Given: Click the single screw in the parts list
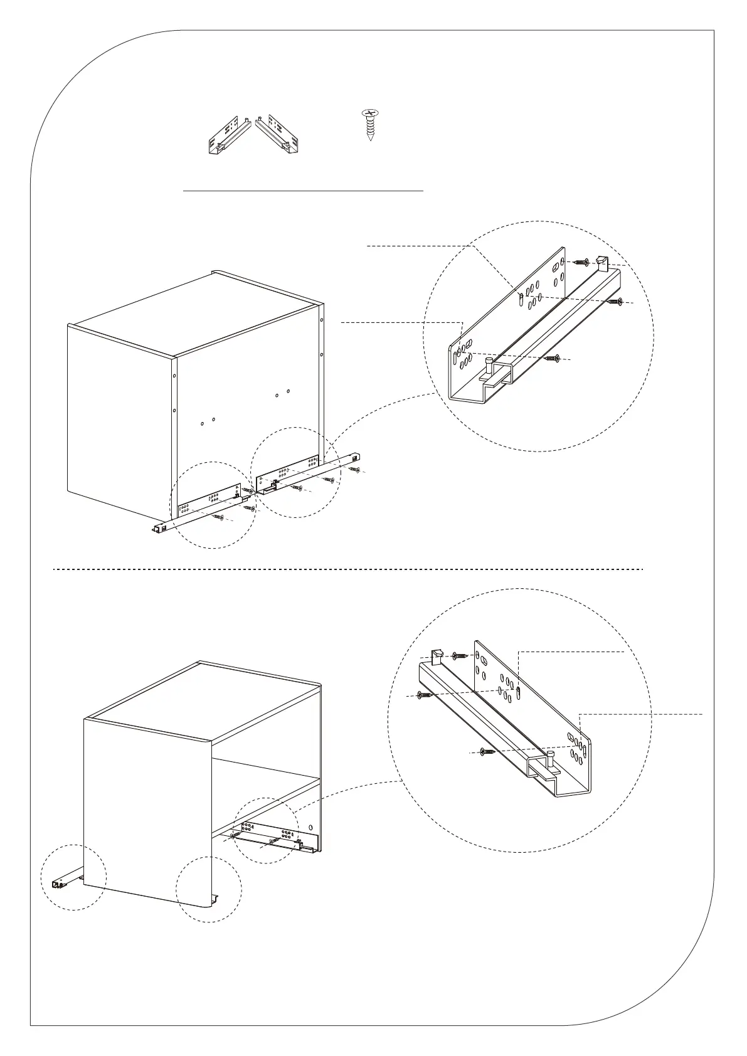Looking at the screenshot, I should [371, 125].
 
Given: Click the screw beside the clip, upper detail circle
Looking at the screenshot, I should [582, 261].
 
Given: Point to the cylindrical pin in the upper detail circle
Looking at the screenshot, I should [489, 364].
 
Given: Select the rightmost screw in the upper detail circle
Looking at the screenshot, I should [615, 302].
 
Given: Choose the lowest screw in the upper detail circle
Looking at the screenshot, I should [552, 358].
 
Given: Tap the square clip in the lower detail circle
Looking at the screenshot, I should [437, 656].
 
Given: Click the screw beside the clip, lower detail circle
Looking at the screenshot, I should [459, 656].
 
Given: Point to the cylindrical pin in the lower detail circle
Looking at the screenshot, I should [551, 759].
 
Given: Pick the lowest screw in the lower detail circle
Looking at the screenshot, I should [487, 751].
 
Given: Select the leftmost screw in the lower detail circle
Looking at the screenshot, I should [425, 695].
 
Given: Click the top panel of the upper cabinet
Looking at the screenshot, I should [194, 314].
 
